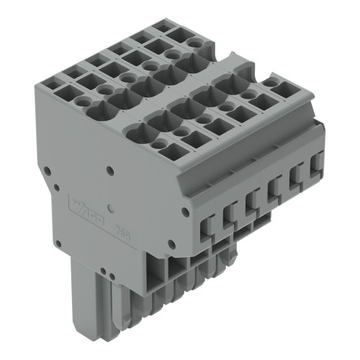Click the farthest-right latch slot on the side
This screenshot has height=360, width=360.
[315, 167]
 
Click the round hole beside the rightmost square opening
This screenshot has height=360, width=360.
[269, 84]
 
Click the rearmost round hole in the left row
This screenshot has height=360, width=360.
[192, 43]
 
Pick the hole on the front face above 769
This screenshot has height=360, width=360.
[110, 171]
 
